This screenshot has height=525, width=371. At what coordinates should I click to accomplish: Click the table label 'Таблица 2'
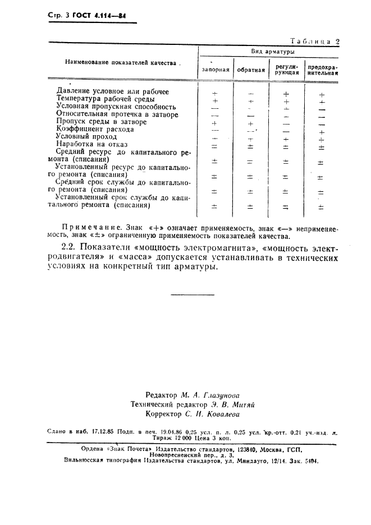pos(314,40)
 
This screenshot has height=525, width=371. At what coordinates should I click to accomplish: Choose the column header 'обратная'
pos(251,70)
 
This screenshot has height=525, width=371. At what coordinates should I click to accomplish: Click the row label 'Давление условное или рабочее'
pos(113,91)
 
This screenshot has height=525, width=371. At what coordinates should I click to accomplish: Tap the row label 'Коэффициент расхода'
pos(95,129)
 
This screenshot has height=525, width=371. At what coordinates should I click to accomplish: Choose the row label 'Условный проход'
pos(87,136)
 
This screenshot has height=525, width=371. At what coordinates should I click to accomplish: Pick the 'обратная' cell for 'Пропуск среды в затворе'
pos(251,123)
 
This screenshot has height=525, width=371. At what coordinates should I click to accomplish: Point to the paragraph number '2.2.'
pos(70,247)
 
